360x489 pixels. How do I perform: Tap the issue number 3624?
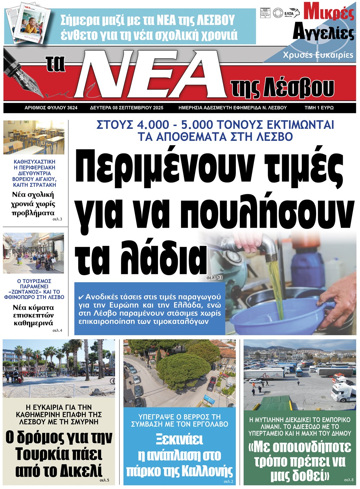[x=72, y=108]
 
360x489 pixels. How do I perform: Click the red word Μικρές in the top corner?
[x=329, y=12]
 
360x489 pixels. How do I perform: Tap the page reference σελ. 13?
[x=215, y=278]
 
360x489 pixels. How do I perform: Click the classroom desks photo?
[x=34, y=138]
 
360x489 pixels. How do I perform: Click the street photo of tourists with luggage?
[x=33, y=253]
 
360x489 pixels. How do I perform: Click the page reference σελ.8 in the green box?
[x=348, y=480]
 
